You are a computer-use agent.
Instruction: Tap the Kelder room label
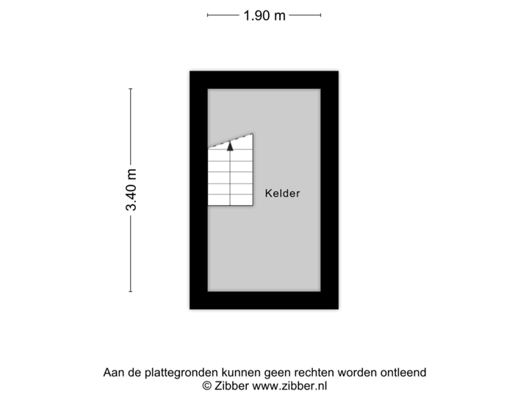283,194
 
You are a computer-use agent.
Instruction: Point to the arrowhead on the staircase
230,146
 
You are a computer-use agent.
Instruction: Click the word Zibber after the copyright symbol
233,385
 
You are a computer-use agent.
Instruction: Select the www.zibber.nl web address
291,385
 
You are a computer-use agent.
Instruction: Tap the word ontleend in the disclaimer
403,373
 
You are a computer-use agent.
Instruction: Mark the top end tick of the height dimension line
132,89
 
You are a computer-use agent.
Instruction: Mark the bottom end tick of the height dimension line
132,292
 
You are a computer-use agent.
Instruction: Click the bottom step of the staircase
231,199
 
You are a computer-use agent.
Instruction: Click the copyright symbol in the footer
207,385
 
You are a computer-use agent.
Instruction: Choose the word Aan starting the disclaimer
112,373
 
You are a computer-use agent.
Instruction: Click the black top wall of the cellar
264,78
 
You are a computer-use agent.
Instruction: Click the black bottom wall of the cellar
264,302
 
